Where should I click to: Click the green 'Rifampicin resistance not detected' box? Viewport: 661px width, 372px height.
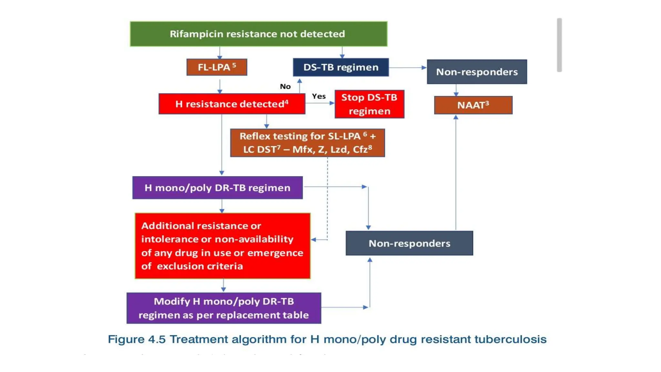point(258,34)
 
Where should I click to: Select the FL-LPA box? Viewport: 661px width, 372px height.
point(217,67)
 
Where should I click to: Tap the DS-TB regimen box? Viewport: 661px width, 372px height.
point(341,67)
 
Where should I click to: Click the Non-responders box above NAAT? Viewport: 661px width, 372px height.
point(477,72)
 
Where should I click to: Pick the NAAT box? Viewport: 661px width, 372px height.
point(473,105)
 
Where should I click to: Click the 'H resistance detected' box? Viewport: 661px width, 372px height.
point(232,104)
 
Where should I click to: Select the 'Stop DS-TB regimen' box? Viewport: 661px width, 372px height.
point(369,104)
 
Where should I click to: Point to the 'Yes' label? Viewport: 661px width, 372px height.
point(319,96)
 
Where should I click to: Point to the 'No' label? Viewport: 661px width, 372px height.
point(285,87)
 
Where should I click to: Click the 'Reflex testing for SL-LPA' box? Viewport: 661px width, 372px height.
point(307,143)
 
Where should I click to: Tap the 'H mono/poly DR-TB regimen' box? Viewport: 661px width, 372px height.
point(217,188)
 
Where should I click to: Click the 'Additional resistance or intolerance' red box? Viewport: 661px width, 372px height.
point(222,246)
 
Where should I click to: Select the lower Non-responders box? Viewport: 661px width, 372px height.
point(409,243)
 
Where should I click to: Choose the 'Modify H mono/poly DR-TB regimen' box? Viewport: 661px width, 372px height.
point(224,308)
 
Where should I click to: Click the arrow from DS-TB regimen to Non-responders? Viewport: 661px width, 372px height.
point(407,67)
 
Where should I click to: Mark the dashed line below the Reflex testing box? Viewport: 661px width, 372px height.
point(327,197)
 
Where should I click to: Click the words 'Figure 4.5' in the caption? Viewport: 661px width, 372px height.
point(137,339)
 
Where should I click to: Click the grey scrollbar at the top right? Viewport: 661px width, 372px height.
point(559,45)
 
